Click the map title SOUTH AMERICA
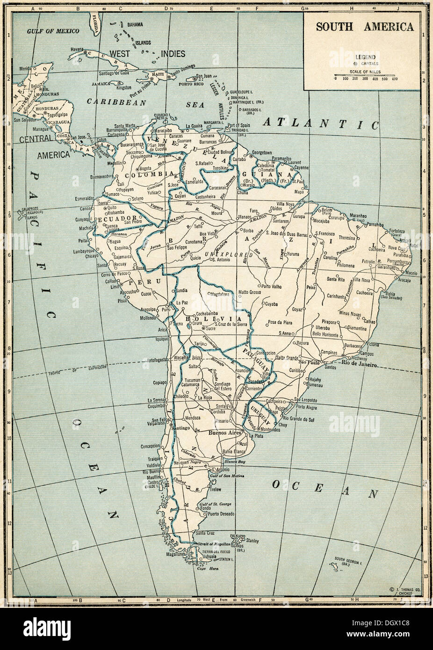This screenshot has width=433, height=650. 364,26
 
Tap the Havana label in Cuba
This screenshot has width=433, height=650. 77,49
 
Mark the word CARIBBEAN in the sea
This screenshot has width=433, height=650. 116,101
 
